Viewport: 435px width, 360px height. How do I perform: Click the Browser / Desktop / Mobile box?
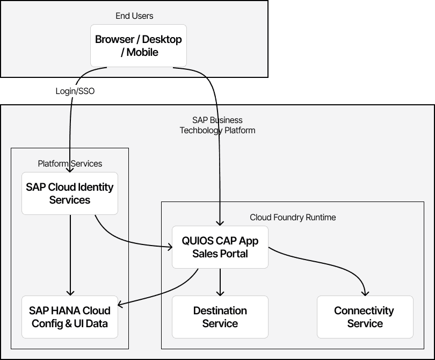[x=139, y=46]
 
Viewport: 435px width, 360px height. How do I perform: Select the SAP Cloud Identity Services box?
[x=70, y=193]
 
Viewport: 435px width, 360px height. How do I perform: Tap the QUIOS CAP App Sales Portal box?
[x=220, y=247]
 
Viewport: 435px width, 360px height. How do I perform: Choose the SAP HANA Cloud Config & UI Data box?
[x=70, y=317]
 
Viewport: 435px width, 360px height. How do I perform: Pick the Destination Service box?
[x=220, y=317]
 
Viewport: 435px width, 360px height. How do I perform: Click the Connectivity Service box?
[x=365, y=317]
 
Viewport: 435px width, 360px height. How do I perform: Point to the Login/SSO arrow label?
[x=75, y=91]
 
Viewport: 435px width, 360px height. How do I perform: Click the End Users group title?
[x=134, y=16]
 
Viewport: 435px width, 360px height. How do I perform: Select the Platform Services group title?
[x=70, y=163]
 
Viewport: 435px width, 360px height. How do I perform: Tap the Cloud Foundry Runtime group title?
[x=293, y=217]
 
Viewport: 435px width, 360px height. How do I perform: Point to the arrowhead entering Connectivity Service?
[x=365, y=293]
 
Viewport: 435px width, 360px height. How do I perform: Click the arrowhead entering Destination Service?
[x=220, y=293]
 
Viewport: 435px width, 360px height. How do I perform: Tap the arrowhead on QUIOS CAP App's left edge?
[x=169, y=247]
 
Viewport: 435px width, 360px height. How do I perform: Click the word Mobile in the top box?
[x=143, y=53]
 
